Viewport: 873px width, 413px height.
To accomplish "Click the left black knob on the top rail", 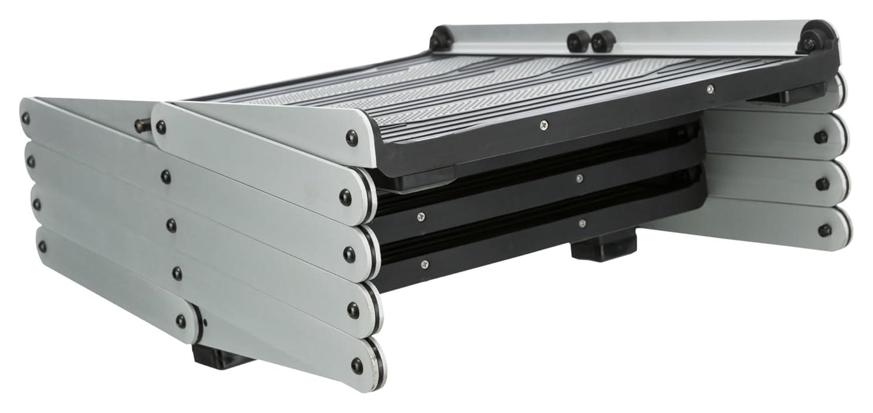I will click(x=579, y=41).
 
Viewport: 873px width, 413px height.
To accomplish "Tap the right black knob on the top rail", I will click(x=604, y=41).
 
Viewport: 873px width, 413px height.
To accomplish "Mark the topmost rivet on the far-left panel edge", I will click(x=25, y=118).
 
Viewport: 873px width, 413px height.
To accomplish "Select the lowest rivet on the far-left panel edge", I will click(x=42, y=246).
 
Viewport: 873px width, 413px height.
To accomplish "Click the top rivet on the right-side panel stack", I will click(x=821, y=137).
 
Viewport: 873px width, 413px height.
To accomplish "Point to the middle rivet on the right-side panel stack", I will click(x=822, y=184).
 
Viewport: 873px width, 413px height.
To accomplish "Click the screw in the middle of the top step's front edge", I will click(x=544, y=124).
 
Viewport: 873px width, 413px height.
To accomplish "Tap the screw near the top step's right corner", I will click(x=709, y=89).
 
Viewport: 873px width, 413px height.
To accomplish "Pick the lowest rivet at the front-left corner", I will click(x=356, y=366).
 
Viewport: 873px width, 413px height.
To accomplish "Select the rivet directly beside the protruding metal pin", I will click(x=161, y=127).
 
